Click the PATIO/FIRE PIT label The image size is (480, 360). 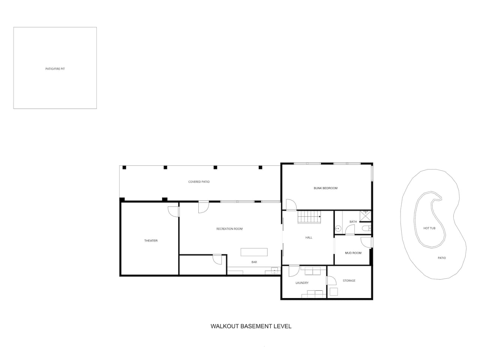click(55, 69)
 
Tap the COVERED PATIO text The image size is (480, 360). click(199, 181)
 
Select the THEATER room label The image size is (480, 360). click(151, 241)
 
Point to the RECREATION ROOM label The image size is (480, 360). click(229, 229)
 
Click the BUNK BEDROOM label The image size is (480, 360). click(325, 188)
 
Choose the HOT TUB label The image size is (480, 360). click(429, 228)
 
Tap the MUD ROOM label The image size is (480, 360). click(353, 253)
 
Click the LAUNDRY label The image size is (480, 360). click(302, 283)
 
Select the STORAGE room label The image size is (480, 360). click(349, 280)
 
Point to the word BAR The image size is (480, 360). click(254, 262)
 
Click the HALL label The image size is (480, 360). click(309, 238)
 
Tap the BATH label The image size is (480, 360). click(353, 222)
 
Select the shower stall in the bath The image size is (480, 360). click(365, 216)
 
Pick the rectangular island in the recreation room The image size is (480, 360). click(254, 252)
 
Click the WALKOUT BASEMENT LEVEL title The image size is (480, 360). click(251, 326)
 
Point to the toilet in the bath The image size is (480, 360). click(366, 229)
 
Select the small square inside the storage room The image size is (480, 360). click(334, 292)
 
